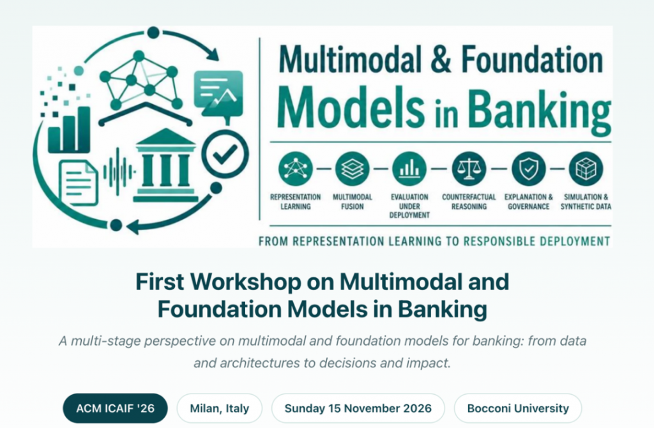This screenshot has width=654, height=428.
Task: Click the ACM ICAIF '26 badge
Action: (x=115, y=408)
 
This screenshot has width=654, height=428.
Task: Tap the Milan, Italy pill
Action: (x=220, y=408)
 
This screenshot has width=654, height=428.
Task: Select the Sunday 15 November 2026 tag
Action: (x=358, y=408)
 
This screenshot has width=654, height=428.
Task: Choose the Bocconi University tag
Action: (x=517, y=408)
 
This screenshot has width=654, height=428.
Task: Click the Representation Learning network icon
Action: (x=295, y=169)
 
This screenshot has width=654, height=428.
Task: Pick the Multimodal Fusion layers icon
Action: (x=352, y=169)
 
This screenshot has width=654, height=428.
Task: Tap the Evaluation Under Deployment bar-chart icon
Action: (x=409, y=169)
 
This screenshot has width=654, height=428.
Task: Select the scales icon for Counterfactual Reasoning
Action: (x=469, y=169)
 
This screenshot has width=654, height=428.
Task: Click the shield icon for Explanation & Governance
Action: (x=528, y=169)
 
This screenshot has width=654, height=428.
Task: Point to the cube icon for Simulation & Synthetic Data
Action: (x=586, y=169)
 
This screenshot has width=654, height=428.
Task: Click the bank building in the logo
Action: (x=166, y=165)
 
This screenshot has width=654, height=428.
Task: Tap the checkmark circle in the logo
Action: (x=225, y=154)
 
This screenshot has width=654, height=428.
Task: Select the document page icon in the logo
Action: (x=79, y=182)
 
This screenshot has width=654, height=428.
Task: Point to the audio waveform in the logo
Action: (x=119, y=171)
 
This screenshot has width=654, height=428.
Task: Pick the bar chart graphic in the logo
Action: (x=69, y=129)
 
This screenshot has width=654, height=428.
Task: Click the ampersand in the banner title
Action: (x=441, y=59)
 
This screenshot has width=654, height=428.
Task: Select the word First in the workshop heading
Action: (x=160, y=282)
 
